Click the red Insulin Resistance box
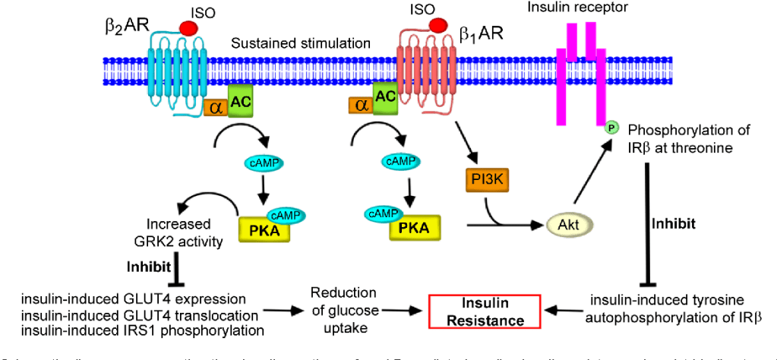pyautogui.click(x=486, y=311)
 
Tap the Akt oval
pyautogui.click(x=567, y=225)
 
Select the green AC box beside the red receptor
pyautogui.click(x=385, y=96)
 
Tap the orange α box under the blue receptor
pyautogui.click(x=213, y=109)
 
